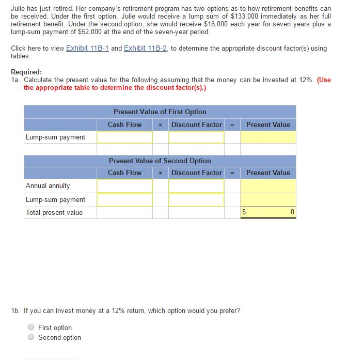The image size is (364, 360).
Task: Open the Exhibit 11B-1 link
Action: [87, 48]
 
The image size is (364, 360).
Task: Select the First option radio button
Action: [31, 327]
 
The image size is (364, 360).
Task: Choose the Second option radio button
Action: [31, 337]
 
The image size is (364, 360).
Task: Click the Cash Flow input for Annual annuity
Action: [124, 185]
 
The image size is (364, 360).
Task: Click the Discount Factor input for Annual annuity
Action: [196, 185]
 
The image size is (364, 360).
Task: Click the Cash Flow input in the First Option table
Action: [124, 137]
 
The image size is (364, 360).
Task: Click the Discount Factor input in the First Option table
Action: [196, 137]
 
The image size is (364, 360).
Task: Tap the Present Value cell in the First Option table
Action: [267, 137]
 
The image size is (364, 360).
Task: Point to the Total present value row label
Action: [54, 212]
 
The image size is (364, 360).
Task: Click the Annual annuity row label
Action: [48, 185]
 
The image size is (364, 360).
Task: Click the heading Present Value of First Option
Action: [160, 112]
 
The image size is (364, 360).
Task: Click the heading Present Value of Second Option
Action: [160, 161]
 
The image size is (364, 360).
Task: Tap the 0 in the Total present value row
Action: [292, 212]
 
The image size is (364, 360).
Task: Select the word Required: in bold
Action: [26, 72]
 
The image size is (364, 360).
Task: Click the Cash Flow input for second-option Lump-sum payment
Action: [124, 199]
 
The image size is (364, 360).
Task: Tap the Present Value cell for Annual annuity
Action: [267, 185]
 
